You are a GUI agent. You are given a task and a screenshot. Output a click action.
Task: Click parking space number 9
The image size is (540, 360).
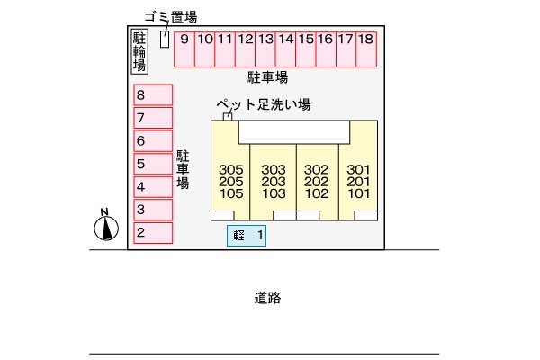(184, 49)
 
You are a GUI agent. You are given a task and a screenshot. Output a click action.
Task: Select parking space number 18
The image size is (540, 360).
(364, 49)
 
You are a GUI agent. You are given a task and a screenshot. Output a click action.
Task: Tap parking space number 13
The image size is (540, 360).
(265, 49)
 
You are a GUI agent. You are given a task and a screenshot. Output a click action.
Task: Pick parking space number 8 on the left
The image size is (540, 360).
(152, 94)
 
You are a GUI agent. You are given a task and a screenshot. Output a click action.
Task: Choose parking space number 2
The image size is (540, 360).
(152, 233)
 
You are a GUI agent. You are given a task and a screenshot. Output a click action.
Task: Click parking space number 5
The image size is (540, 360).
(152, 164)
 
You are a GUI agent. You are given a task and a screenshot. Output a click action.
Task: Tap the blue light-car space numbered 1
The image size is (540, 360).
(247, 236)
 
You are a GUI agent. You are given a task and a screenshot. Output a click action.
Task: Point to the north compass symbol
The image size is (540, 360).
(106, 227)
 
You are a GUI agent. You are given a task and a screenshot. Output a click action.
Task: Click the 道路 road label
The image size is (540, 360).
(268, 298)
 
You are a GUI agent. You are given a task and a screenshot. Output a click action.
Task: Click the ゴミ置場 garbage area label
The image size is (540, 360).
(170, 17)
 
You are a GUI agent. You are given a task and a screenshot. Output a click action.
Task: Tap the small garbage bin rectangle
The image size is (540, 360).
(164, 40)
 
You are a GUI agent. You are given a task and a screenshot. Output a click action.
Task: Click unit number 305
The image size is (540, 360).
(231, 169)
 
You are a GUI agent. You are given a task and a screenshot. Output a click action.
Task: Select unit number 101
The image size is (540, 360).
(358, 193)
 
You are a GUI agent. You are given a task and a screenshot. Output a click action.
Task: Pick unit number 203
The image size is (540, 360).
(274, 181)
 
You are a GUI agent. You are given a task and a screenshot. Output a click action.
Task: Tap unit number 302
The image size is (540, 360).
(316, 169)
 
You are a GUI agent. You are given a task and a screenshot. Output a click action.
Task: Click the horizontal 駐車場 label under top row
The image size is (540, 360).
(267, 77)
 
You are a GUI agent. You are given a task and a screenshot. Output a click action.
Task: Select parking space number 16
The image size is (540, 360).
(325, 49)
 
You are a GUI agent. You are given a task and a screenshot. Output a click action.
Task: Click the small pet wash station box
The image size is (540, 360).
(228, 116)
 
